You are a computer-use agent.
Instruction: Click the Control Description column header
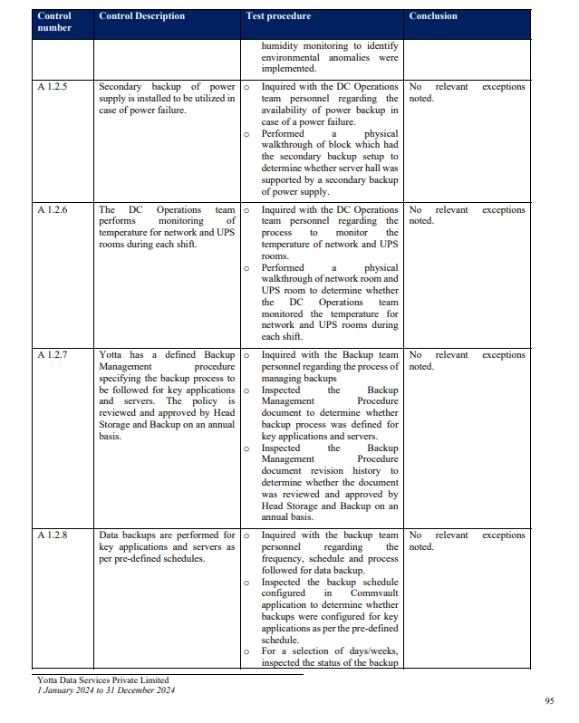click(141, 16)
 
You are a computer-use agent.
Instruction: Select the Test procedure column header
click(278, 16)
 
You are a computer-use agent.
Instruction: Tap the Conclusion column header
click(433, 16)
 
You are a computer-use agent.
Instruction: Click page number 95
click(549, 701)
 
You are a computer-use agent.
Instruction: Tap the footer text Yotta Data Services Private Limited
click(102, 680)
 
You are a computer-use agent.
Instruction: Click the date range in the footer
click(106, 690)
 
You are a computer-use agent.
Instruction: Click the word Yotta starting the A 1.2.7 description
click(111, 355)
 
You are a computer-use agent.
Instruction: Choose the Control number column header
click(54, 22)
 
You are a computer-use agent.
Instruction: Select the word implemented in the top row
click(289, 69)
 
